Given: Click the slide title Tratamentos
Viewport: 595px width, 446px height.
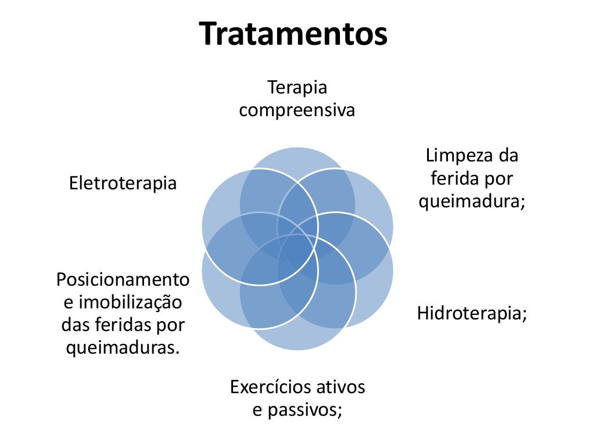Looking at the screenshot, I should click(x=293, y=34).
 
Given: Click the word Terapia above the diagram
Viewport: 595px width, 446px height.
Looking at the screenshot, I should click(x=297, y=88).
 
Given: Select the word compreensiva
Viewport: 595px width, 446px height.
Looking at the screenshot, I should click(x=297, y=110).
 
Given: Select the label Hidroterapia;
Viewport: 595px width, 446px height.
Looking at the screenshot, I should click(x=472, y=314).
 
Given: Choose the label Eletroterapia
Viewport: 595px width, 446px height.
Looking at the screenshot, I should click(x=123, y=184).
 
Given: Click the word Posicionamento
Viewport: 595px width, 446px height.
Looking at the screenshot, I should click(x=123, y=279).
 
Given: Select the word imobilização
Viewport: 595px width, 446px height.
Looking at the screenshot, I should click(x=130, y=302).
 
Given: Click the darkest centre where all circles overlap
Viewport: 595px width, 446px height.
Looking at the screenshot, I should click(x=297, y=249).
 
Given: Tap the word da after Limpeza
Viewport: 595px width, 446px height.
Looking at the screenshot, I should click(x=507, y=156).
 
